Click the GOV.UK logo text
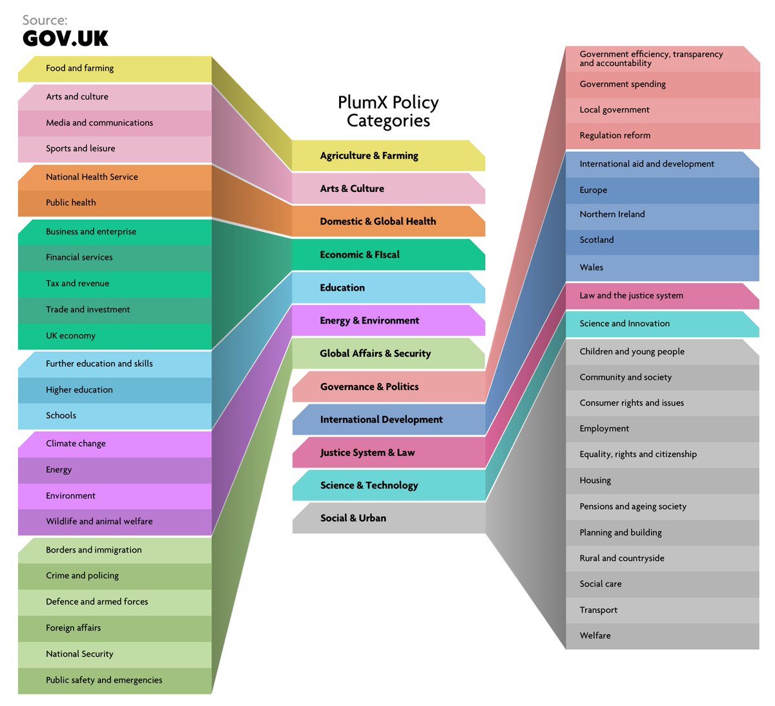pos(65,38)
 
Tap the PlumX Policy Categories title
pos(388,111)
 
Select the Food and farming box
pos(115,68)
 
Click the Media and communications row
pos(115,123)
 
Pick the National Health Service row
pos(115,177)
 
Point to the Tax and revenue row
pos(115,284)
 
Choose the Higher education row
pos(115,390)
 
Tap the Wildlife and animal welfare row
pos(115,522)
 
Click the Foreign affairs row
pos(115,628)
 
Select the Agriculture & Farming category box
pos(387,156)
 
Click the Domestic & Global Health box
pos(387,222)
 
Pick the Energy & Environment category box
pos(387,320)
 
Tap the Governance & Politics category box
pos(387,387)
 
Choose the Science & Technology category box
pos(387,486)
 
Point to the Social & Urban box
pos(387,518)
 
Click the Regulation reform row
pos(662,136)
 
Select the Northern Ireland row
pos(662,214)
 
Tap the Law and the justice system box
pos(662,296)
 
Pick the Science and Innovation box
pos(662,324)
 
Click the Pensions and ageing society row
pos(662,506)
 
